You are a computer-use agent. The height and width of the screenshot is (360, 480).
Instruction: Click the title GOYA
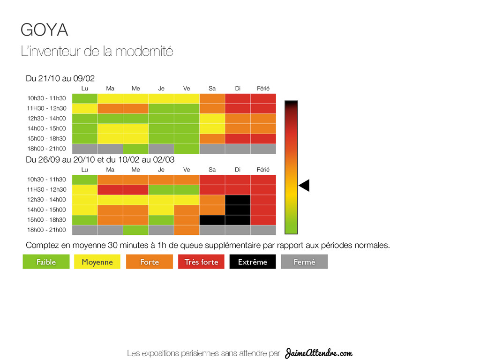[x=45, y=30]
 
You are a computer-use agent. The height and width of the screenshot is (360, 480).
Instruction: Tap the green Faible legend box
[x=46, y=262]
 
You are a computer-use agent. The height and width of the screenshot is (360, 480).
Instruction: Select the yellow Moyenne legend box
[x=97, y=262]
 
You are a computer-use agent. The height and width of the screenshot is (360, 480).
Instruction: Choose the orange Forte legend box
[x=149, y=262]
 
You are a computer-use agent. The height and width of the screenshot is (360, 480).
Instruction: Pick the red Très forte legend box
[x=201, y=262]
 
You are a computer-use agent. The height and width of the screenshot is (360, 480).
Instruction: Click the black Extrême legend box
[x=252, y=262]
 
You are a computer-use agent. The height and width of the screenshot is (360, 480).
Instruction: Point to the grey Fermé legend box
[x=304, y=262]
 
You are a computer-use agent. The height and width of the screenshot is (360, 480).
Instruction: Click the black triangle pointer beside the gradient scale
[x=304, y=186]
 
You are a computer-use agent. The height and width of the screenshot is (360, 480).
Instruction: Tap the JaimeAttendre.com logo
[x=319, y=352]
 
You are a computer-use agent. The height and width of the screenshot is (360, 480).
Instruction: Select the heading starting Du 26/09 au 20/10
[x=100, y=159]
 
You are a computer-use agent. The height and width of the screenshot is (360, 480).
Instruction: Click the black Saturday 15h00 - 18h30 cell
[x=212, y=220]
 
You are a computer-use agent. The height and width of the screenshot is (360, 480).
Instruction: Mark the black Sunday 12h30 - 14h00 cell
[x=238, y=200]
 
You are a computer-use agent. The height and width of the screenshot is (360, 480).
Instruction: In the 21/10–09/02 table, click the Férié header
[x=263, y=88]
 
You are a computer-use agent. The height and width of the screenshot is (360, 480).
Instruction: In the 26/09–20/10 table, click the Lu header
[x=85, y=169]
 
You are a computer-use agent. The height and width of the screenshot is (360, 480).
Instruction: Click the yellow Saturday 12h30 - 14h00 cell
[x=212, y=119]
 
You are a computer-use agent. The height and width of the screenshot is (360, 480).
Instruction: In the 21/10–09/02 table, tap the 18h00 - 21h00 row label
[x=46, y=149]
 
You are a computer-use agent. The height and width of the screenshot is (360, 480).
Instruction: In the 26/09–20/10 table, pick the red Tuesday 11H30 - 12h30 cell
[x=110, y=189]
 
